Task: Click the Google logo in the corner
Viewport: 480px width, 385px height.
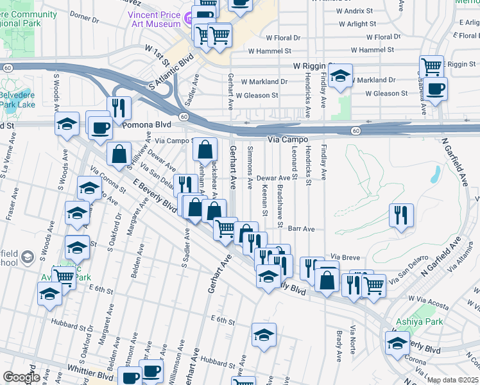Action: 21,377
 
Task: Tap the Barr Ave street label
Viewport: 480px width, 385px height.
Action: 301,228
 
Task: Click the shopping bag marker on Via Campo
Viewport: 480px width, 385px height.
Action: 204,150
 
